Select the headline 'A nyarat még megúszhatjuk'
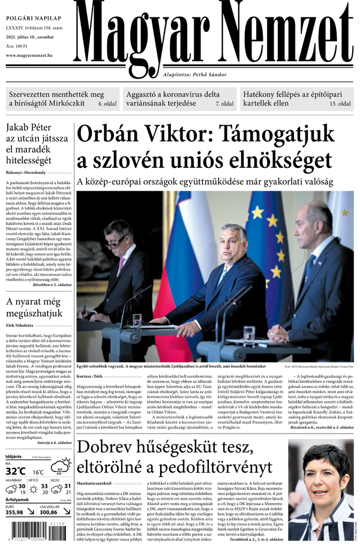[34, 306]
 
